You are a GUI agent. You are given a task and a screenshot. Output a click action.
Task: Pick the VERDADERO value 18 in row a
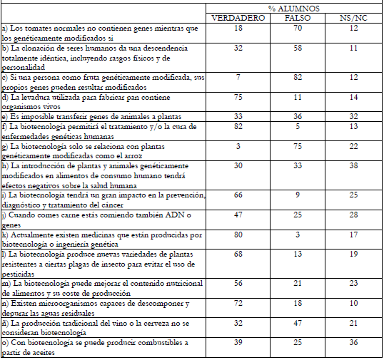click(x=238, y=27)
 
